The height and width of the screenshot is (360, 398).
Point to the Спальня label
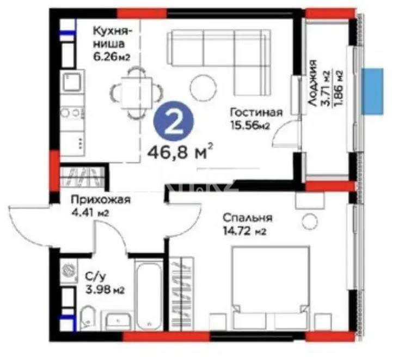point(247,218)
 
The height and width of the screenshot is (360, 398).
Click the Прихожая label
point(95,200)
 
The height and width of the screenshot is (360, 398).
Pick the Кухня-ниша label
point(111,35)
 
